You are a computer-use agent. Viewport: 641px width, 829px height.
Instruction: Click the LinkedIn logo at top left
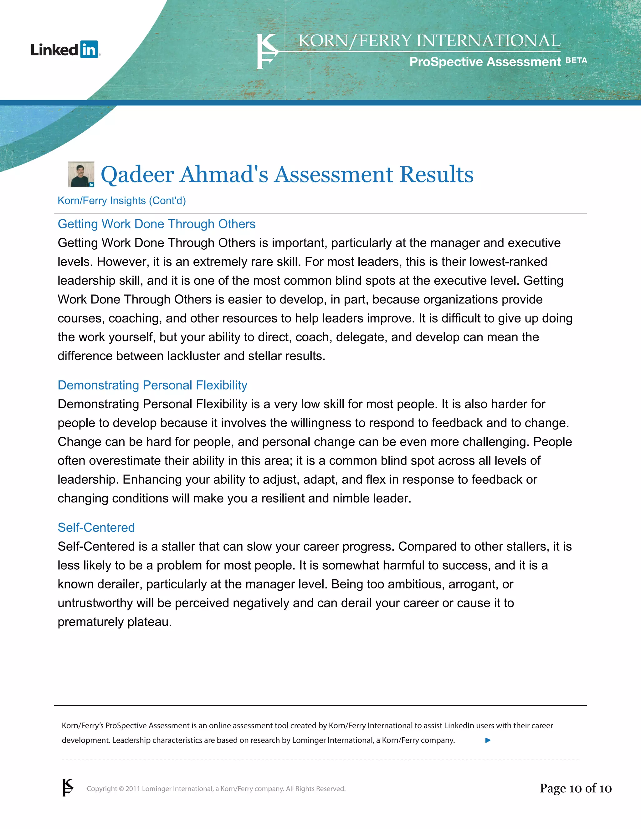(65, 50)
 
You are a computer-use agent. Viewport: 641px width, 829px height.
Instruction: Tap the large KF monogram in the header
(267, 52)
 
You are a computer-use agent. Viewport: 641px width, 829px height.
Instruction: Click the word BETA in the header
(576, 60)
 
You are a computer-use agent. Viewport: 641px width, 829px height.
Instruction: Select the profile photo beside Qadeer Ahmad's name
(81, 174)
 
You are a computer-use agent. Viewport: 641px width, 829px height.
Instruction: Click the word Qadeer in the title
(137, 175)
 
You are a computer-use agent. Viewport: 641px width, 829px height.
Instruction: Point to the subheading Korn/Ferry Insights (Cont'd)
(121, 201)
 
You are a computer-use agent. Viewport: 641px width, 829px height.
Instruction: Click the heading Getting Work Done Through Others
(156, 224)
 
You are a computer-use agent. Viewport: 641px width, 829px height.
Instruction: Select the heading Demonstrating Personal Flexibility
(152, 385)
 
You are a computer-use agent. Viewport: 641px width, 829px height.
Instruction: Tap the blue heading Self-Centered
(96, 528)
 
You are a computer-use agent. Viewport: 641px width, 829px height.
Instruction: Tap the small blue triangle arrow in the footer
(488, 740)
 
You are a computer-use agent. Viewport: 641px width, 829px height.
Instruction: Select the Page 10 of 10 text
(575, 788)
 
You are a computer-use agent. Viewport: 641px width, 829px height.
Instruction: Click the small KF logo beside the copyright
(68, 788)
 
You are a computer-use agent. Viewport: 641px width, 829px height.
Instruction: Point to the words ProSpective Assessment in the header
(485, 62)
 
